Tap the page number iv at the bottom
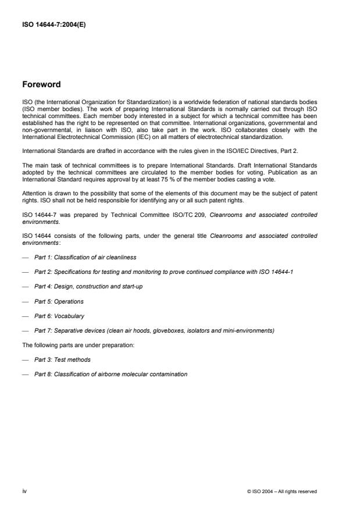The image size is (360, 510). pyautogui.click(x=25, y=491)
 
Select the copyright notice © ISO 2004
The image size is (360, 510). pyautogui.click(x=282, y=492)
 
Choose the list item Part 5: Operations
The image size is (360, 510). pyautogui.click(x=59, y=302)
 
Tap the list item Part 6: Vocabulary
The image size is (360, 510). pyautogui.click(x=59, y=316)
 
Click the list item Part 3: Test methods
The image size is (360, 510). pyautogui.click(x=62, y=359)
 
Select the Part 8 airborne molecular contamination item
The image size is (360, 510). pyautogui.click(x=111, y=374)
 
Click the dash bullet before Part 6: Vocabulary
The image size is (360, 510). pyautogui.click(x=25, y=316)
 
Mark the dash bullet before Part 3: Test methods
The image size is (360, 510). pyautogui.click(x=25, y=359)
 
